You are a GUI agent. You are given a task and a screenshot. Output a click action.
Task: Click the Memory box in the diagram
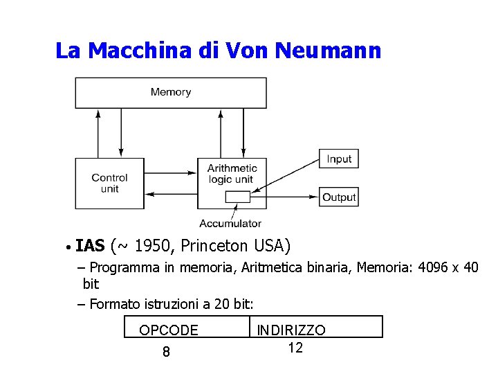pyautogui.click(x=170, y=92)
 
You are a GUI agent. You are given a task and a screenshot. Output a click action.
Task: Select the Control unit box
pyautogui.click(x=109, y=183)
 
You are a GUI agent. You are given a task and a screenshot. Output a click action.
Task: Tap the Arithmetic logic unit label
pyautogui.click(x=232, y=174)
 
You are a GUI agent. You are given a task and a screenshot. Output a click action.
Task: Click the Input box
pyautogui.click(x=339, y=159)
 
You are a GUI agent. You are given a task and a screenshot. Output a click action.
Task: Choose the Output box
pyautogui.click(x=339, y=197)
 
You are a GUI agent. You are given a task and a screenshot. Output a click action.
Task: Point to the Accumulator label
pyautogui.click(x=230, y=223)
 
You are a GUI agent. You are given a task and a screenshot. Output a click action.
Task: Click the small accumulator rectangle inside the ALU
pyautogui.click(x=237, y=197)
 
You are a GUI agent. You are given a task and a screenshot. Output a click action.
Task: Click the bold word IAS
pyautogui.click(x=90, y=246)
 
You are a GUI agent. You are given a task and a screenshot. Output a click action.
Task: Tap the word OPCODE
pyautogui.click(x=169, y=330)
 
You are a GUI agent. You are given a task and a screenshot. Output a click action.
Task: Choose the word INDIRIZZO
pyautogui.click(x=291, y=330)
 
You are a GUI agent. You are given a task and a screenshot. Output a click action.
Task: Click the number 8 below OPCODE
pyautogui.click(x=166, y=353)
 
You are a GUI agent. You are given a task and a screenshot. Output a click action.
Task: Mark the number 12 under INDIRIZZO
pyautogui.click(x=295, y=348)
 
